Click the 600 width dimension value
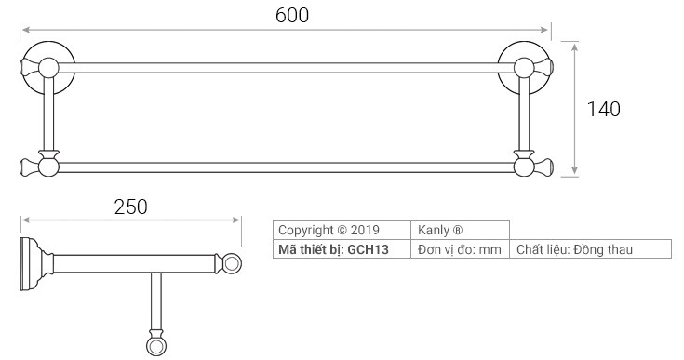(292, 15)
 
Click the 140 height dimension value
(603, 109)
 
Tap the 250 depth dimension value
(131, 207)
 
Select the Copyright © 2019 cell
(342, 230)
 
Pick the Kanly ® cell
(461, 230)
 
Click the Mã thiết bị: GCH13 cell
(342, 249)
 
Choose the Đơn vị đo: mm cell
(461, 249)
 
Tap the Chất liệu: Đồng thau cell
(590, 249)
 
